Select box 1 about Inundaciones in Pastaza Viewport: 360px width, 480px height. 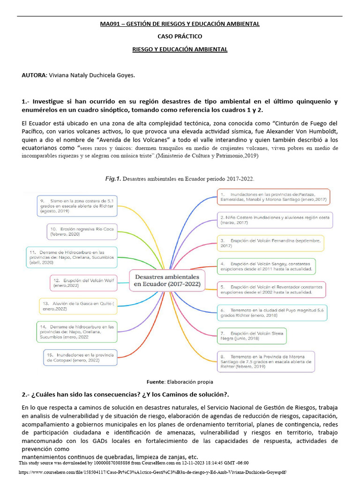(274, 196)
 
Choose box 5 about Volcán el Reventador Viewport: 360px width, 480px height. (272, 289)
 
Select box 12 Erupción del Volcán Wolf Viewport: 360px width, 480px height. (83, 283)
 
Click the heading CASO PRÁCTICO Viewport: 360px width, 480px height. (180, 36)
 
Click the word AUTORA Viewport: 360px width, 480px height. (34, 75)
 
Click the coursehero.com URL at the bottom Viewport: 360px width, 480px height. (152, 472)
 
